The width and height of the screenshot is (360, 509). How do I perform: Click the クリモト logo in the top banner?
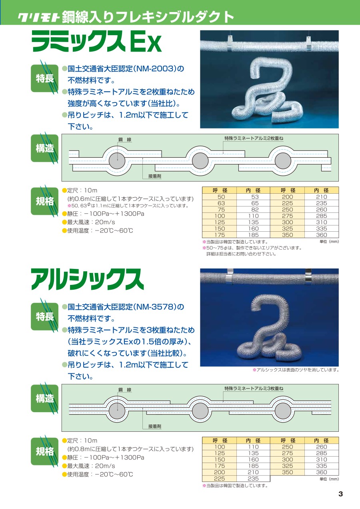coord(38,17)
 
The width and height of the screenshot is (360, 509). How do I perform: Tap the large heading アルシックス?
coord(87,280)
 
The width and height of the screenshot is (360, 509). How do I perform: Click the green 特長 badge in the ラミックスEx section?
coord(44,78)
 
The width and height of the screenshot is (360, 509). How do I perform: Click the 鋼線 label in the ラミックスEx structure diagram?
coord(125,140)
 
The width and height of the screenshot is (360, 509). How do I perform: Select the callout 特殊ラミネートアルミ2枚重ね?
coord(254,138)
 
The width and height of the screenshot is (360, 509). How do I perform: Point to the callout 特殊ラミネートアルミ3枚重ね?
coord(254,389)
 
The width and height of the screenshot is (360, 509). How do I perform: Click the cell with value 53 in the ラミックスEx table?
coord(255,197)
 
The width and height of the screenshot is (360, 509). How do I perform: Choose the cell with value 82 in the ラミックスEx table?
coord(255,210)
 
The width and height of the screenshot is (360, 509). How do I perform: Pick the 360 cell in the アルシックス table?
coord(321,472)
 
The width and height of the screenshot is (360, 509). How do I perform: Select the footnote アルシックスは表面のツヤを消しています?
coord(296,370)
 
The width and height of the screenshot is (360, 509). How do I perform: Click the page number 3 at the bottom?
coord(340,494)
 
